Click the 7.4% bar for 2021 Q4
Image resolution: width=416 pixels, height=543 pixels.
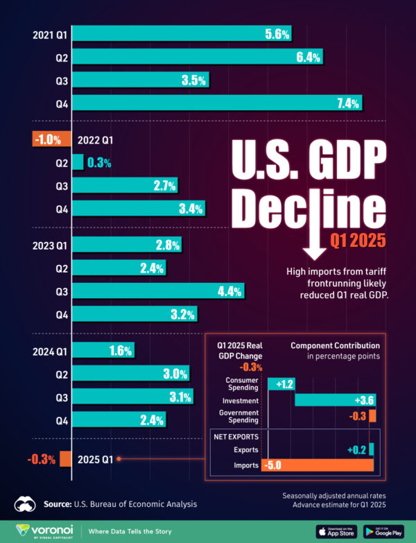[217, 103]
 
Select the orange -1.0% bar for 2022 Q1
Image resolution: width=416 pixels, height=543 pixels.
[51, 139]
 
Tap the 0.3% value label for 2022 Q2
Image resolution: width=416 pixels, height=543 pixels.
[99, 162]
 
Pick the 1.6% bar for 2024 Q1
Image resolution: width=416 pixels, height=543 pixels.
[103, 351]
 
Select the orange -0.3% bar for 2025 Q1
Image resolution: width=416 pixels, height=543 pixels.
[65, 458]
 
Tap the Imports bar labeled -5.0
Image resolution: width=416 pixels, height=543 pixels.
[318, 465]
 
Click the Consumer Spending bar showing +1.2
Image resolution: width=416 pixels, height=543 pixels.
[281, 383]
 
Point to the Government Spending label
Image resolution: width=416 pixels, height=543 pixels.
[239, 415]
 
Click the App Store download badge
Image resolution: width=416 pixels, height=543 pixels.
[336, 531]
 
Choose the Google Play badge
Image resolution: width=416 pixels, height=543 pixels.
[383, 531]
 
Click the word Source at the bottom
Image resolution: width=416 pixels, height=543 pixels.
[58, 504]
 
